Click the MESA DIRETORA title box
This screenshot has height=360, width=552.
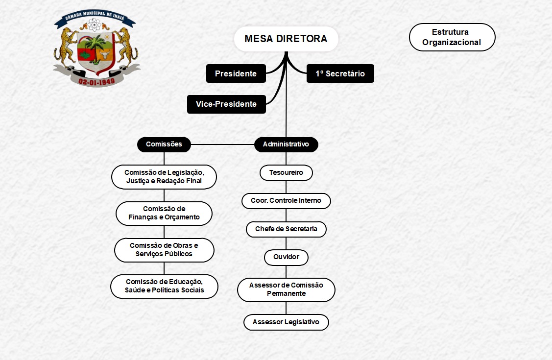tap(286, 39)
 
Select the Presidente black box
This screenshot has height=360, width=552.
tap(236, 73)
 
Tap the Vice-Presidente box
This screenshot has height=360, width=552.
tap(226, 104)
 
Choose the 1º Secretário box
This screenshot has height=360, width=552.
tap(340, 73)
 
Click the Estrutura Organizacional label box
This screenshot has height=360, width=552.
tap(452, 37)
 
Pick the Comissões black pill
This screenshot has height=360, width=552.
tap(164, 144)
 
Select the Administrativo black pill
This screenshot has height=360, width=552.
tap(286, 144)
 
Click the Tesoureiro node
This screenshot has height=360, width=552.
tap(286, 173)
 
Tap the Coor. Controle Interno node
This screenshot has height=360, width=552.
tap(286, 201)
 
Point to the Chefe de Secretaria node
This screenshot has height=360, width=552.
tap(286, 229)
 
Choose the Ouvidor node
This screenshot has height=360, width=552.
tap(286, 257)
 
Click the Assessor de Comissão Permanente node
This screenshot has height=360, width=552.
tap(286, 289)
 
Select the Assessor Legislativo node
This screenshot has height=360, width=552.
tap(286, 322)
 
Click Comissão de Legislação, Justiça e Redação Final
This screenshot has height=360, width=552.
tap(164, 177)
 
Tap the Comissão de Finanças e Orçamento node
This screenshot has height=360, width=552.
tap(164, 213)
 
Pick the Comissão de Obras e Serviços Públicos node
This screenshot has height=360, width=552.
tap(164, 250)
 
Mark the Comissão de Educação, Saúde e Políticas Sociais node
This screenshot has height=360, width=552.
tap(164, 287)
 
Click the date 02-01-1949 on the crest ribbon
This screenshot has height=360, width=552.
tap(96, 82)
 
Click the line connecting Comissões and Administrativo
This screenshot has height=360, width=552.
tap(222, 144)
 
